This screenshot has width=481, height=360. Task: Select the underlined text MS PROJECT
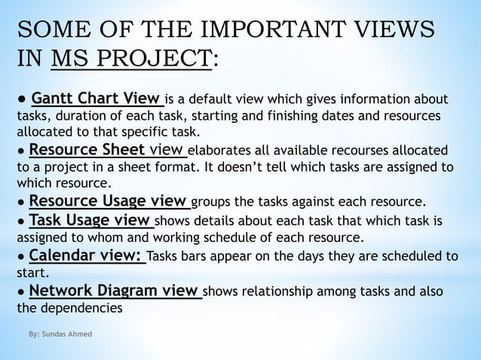(130, 59)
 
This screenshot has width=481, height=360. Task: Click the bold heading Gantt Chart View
(97, 99)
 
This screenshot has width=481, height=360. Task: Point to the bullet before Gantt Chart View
(23, 99)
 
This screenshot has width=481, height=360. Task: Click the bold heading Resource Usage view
(108, 201)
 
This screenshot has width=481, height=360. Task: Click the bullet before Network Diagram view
(23, 291)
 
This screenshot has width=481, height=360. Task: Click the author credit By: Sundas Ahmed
(60, 333)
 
